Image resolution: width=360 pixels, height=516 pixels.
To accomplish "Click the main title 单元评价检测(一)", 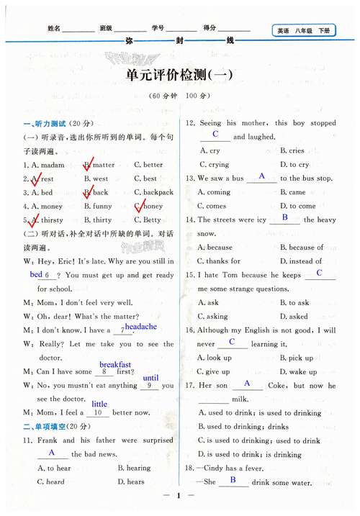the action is (x=179, y=76).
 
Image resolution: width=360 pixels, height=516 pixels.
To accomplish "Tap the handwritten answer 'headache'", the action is (x=140, y=327).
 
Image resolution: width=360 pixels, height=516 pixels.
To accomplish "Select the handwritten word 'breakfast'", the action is (x=115, y=364).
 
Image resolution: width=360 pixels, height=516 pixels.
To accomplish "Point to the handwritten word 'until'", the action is (x=150, y=378).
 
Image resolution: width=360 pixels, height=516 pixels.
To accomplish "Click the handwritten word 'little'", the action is (x=99, y=404).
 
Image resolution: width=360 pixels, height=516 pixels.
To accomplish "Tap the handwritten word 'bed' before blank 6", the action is (x=36, y=275).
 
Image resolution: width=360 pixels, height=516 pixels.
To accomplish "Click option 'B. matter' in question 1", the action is (x=99, y=165).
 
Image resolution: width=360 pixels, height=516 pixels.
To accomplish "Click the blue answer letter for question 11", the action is (x=52, y=452).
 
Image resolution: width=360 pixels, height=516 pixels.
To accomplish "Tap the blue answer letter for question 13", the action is (x=261, y=176).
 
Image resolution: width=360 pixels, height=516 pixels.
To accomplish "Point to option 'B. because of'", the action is (x=302, y=248).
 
